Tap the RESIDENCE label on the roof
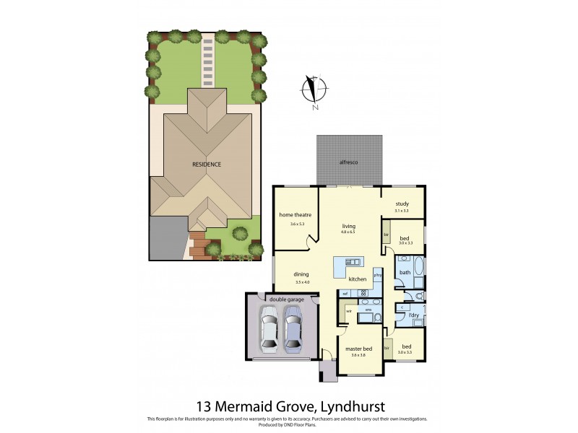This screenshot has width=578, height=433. point(207,165)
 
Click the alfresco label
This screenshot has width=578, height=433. point(349,163)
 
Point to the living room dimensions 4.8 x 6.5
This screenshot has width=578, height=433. point(348,232)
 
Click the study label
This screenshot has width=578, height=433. point(402,204)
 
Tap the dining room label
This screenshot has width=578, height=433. point(301,274)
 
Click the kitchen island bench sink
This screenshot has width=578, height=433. point(352,261)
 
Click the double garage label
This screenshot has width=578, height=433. point(281,298)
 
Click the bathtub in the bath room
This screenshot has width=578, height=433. point(421,272)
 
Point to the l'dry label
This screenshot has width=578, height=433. point(415,316)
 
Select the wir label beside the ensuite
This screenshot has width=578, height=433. point(349,311)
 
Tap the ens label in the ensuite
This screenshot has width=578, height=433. point(367,309)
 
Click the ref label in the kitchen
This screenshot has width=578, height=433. point(345,293)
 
